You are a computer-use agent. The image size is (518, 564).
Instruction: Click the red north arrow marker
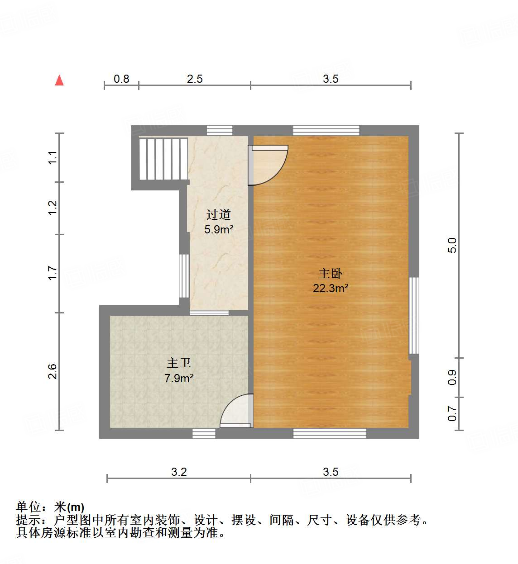click(59, 81)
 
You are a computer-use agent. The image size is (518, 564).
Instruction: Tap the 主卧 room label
click(330, 274)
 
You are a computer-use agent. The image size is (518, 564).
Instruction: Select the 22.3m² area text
click(330, 288)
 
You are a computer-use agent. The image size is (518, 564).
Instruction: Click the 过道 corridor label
click(219, 215)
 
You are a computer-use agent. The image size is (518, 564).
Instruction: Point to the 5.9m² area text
click(219, 229)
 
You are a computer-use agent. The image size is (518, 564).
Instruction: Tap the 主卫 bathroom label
click(179, 363)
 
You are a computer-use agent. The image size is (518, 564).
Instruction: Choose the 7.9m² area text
click(179, 378)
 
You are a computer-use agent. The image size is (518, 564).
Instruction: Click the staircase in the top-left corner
click(163, 159)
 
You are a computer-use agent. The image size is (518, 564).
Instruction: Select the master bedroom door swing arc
click(270, 166)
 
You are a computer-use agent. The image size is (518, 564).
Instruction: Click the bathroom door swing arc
click(236, 411)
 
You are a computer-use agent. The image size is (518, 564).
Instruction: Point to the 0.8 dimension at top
click(121, 79)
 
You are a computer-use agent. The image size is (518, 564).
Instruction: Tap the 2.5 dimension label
click(195, 79)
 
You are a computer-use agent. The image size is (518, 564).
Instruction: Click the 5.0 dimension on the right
click(452, 245)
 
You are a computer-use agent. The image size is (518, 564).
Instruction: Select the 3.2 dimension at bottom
click(179, 472)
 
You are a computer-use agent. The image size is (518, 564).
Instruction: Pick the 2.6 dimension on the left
click(53, 371)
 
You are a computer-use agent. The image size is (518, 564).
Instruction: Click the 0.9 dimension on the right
click(452, 377)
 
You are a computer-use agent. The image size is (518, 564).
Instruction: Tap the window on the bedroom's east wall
click(414, 315)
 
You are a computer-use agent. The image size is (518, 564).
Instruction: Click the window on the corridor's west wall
click(184, 276)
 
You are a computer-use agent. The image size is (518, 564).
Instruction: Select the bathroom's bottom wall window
click(204, 433)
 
